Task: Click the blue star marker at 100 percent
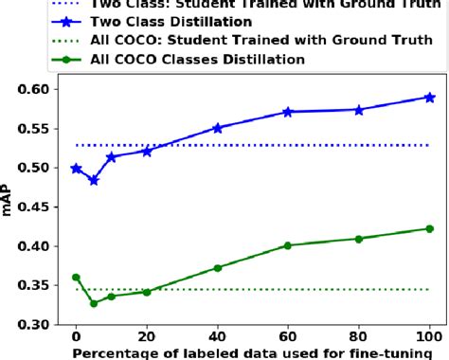coord(429,97)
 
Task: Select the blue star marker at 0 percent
coord(76,169)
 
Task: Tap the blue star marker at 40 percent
coord(217,128)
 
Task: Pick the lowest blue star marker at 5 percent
coord(93,180)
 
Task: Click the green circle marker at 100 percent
coord(429,228)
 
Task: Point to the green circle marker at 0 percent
coord(76,278)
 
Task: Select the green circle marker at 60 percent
coord(288,245)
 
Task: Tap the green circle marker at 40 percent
coord(217,268)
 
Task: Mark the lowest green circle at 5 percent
coord(93,303)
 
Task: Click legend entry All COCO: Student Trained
coord(237,41)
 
